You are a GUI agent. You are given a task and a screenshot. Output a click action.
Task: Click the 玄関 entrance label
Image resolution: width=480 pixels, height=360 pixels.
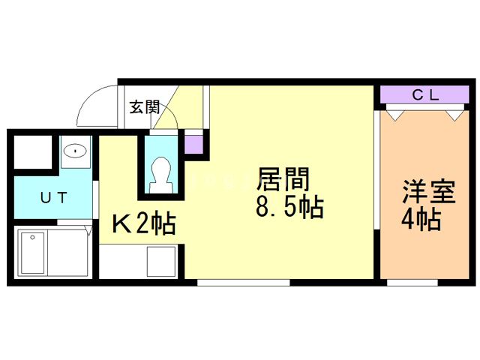tap(145, 107)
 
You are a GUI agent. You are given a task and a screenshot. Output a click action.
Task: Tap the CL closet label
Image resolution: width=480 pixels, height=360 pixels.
tap(425, 95)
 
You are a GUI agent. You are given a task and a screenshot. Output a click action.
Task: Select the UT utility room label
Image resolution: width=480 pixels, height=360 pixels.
tap(54, 197)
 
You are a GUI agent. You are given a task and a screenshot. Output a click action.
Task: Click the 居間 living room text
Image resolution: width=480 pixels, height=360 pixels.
tap(283, 179)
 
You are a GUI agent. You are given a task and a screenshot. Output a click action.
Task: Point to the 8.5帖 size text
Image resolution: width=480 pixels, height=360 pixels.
tap(289, 207)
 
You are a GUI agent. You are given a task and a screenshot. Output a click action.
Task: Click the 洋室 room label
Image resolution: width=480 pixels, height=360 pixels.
tap(429, 192)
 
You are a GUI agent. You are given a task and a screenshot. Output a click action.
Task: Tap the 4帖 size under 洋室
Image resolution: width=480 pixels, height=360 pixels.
tap(421, 219)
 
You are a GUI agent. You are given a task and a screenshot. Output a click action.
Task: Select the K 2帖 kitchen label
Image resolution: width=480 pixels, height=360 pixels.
tap(144, 223)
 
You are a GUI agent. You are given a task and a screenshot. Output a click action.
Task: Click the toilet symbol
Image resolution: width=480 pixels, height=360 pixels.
tap(161, 175)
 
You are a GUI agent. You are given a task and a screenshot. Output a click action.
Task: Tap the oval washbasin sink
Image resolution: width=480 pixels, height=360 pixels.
tap(75, 151)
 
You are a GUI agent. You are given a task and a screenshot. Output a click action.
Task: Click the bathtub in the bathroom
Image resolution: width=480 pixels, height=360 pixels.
tap(32, 253)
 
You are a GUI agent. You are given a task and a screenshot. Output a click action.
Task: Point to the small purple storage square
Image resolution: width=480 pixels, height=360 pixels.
tap(193, 145)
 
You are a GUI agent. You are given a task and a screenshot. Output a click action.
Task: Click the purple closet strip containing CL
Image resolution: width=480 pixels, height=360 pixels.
tap(424, 94)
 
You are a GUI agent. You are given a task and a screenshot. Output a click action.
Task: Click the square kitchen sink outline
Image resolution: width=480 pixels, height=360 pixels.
tap(161, 262)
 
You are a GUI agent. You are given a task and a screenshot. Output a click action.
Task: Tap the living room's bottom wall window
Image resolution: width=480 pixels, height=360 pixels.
tap(243, 282)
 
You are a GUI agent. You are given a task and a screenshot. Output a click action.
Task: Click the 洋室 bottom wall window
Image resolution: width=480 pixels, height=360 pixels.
tap(412, 282)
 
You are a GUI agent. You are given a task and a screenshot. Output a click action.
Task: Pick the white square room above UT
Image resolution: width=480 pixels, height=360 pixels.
tap(33, 151)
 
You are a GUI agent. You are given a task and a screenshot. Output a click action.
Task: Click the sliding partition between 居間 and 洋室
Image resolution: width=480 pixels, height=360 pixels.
tap(376, 169)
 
